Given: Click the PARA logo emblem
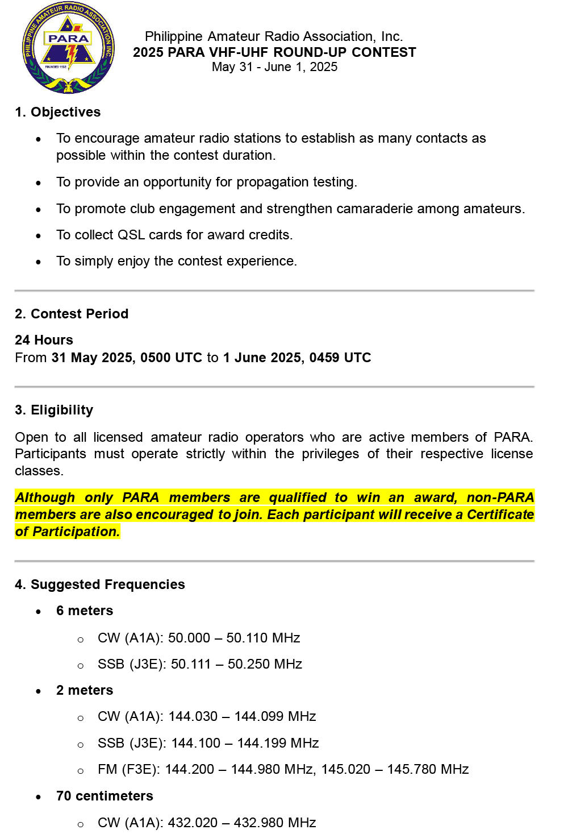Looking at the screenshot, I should tap(68, 48).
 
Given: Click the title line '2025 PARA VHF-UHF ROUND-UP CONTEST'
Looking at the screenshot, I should tap(274, 52).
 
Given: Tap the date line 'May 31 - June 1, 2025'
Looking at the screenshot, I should tap(274, 67).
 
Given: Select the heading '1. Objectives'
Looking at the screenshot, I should tap(58, 112).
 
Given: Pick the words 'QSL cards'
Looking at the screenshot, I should tap(149, 235).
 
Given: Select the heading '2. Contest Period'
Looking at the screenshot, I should tap(72, 314).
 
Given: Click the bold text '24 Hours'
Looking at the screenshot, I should tap(44, 340).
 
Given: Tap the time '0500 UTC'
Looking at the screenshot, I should tap(171, 358).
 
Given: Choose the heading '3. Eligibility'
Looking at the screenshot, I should tap(54, 410).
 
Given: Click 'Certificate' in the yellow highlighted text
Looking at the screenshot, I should tap(500, 515).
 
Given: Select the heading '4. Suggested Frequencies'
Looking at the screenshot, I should tap(100, 584).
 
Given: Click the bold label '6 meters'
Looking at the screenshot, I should tap(85, 611).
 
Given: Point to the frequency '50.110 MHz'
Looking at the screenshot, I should tap(263, 638).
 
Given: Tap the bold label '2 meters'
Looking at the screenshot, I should tap(85, 690).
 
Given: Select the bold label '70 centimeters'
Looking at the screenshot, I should tap(105, 796).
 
